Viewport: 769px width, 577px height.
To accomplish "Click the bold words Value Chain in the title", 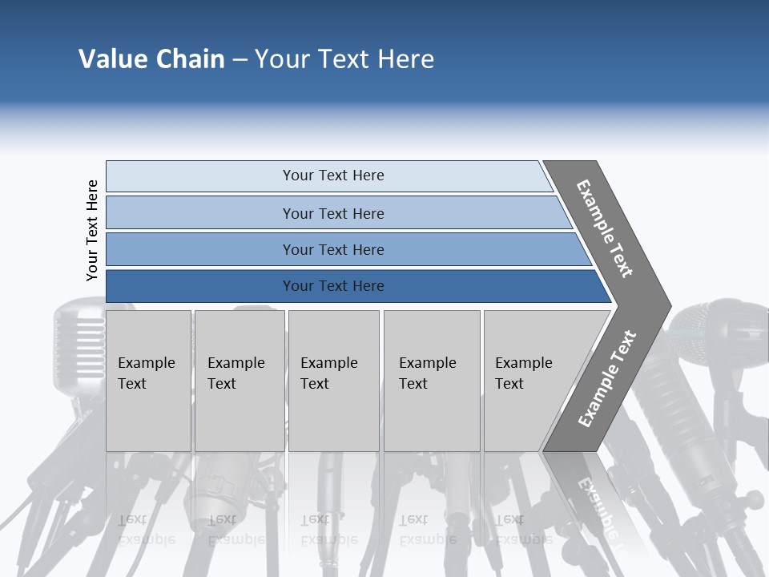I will pyautogui.click(x=151, y=59).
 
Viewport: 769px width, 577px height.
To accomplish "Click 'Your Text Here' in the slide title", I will pyautogui.click(x=344, y=59).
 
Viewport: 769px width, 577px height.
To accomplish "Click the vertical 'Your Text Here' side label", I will pyautogui.click(x=93, y=230).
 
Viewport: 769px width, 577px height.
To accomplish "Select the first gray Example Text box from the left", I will pyautogui.click(x=148, y=381).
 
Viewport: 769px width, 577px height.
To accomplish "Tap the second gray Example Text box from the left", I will pyautogui.click(x=239, y=381).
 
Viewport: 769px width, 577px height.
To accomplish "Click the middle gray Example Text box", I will pyautogui.click(x=333, y=381).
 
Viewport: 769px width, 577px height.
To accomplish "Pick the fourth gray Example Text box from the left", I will pyautogui.click(x=431, y=381).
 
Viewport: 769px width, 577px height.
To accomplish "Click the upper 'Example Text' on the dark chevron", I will pyautogui.click(x=605, y=228).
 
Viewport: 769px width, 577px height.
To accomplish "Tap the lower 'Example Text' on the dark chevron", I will pyautogui.click(x=607, y=378).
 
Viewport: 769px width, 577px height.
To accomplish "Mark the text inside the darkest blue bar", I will pyautogui.click(x=333, y=286).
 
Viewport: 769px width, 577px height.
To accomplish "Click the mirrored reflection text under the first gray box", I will pyautogui.click(x=147, y=529).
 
